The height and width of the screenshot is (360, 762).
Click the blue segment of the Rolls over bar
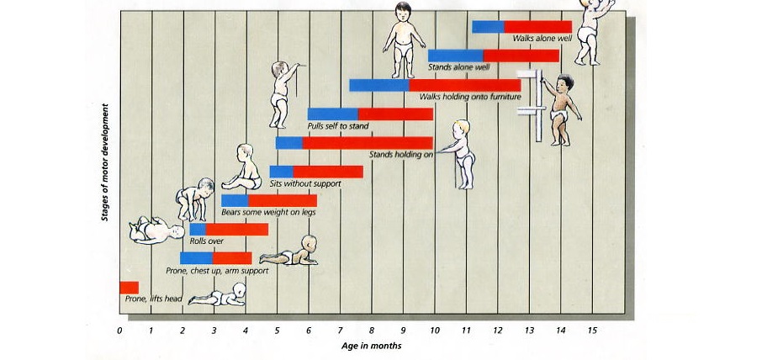click(198, 230)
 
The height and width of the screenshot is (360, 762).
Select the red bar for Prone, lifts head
click(129, 288)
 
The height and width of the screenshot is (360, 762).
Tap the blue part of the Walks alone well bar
click(488, 27)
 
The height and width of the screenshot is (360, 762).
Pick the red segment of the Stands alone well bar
click(521, 56)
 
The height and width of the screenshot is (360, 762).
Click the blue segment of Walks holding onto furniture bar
click(378, 85)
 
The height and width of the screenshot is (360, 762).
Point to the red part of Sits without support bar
click(328, 172)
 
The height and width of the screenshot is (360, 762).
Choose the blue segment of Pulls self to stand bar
click(332, 114)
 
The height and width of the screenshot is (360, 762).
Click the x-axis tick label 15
click(592, 331)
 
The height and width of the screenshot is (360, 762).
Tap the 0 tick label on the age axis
click(119, 331)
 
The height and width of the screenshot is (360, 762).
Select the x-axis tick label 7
click(341, 331)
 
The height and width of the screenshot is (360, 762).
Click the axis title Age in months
click(371, 346)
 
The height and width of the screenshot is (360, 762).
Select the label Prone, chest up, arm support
click(217, 271)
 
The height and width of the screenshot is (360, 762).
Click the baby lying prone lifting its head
click(219, 295)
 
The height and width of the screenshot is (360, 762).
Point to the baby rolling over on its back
click(156, 230)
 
